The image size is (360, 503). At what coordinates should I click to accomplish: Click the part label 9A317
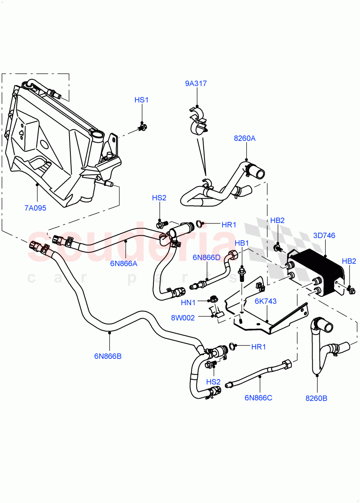(196, 83)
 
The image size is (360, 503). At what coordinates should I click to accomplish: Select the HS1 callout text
(142, 100)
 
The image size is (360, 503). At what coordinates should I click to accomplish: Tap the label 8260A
(245, 138)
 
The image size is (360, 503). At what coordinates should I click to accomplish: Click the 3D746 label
(324, 236)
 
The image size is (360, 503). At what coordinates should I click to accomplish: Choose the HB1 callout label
(242, 243)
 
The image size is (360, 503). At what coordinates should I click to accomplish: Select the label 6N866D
(206, 257)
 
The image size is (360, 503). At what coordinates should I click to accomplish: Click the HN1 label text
(188, 302)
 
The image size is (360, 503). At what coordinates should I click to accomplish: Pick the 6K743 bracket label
(266, 301)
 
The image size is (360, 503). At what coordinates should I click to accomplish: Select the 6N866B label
(108, 356)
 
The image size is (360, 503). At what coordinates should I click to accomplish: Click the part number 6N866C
(258, 397)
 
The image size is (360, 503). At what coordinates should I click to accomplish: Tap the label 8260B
(316, 398)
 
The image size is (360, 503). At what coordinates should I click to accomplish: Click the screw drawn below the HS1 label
(143, 126)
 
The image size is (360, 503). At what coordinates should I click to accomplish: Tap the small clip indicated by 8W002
(216, 312)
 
